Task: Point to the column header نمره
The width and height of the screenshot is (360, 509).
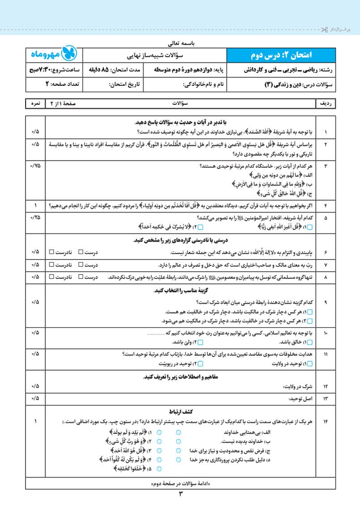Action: [x=35, y=103]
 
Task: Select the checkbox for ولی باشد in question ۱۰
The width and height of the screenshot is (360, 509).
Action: [x=200, y=342]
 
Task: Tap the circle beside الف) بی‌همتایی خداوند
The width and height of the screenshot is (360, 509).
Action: [x=178, y=433]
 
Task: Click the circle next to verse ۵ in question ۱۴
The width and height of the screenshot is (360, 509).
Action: [x=160, y=468]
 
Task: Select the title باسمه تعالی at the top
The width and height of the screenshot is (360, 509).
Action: [x=180, y=44]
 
